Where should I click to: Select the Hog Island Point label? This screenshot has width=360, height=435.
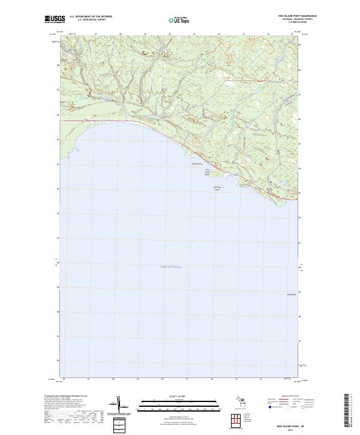point(208,172)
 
